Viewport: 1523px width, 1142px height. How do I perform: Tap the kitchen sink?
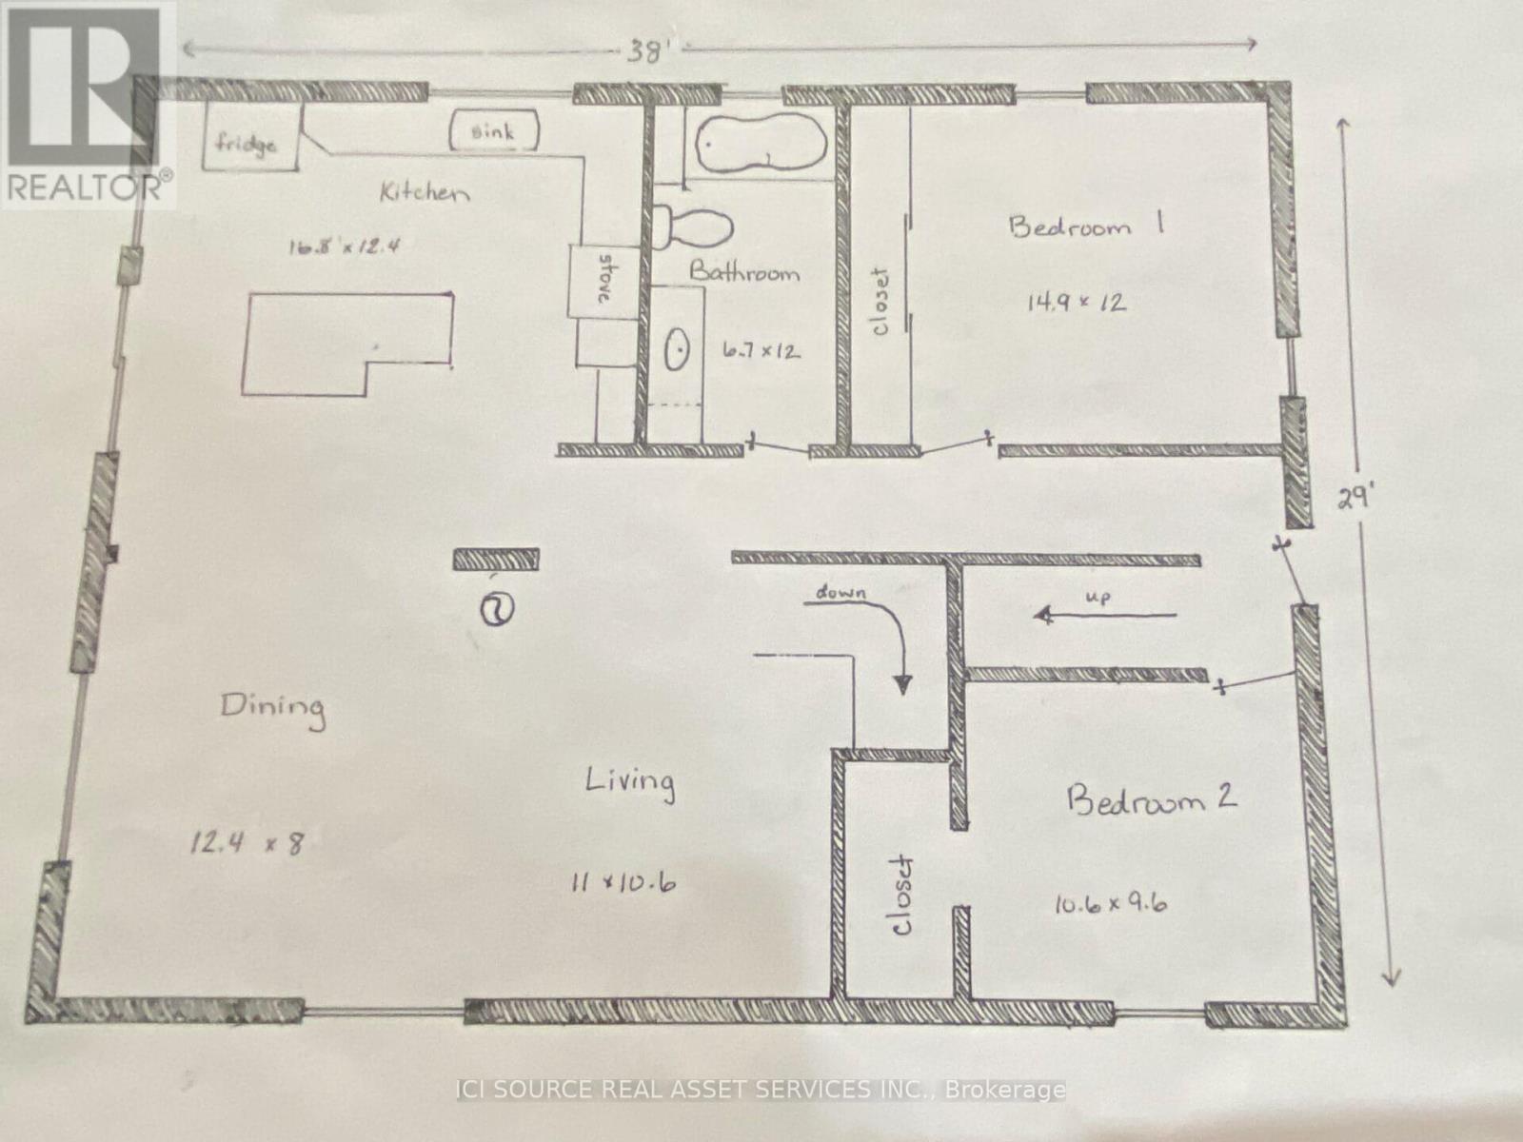(x=493, y=131)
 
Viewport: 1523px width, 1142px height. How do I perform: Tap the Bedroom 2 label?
(x=1151, y=797)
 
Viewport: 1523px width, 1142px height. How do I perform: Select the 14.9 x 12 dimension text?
(x=1077, y=304)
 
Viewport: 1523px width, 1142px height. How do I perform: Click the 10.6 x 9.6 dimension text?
(x=1109, y=903)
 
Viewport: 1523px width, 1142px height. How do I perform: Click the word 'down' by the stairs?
(x=841, y=593)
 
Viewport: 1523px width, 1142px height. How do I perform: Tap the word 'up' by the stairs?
(x=1097, y=597)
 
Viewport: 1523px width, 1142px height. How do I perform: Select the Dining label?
(x=272, y=707)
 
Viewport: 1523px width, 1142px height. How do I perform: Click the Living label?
(x=629, y=782)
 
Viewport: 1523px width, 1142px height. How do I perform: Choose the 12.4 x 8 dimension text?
(x=247, y=841)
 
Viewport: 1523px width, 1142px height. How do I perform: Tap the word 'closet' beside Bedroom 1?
(x=879, y=301)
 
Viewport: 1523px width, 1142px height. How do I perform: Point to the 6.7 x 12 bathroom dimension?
(x=761, y=351)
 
